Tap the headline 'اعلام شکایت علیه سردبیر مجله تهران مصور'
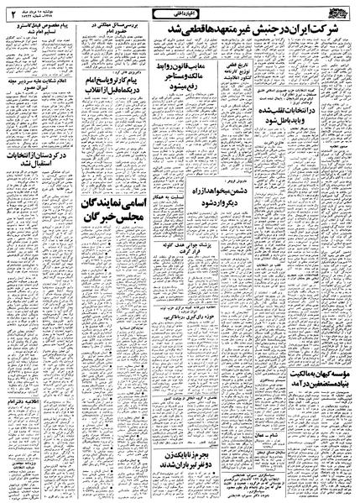[34, 110]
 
